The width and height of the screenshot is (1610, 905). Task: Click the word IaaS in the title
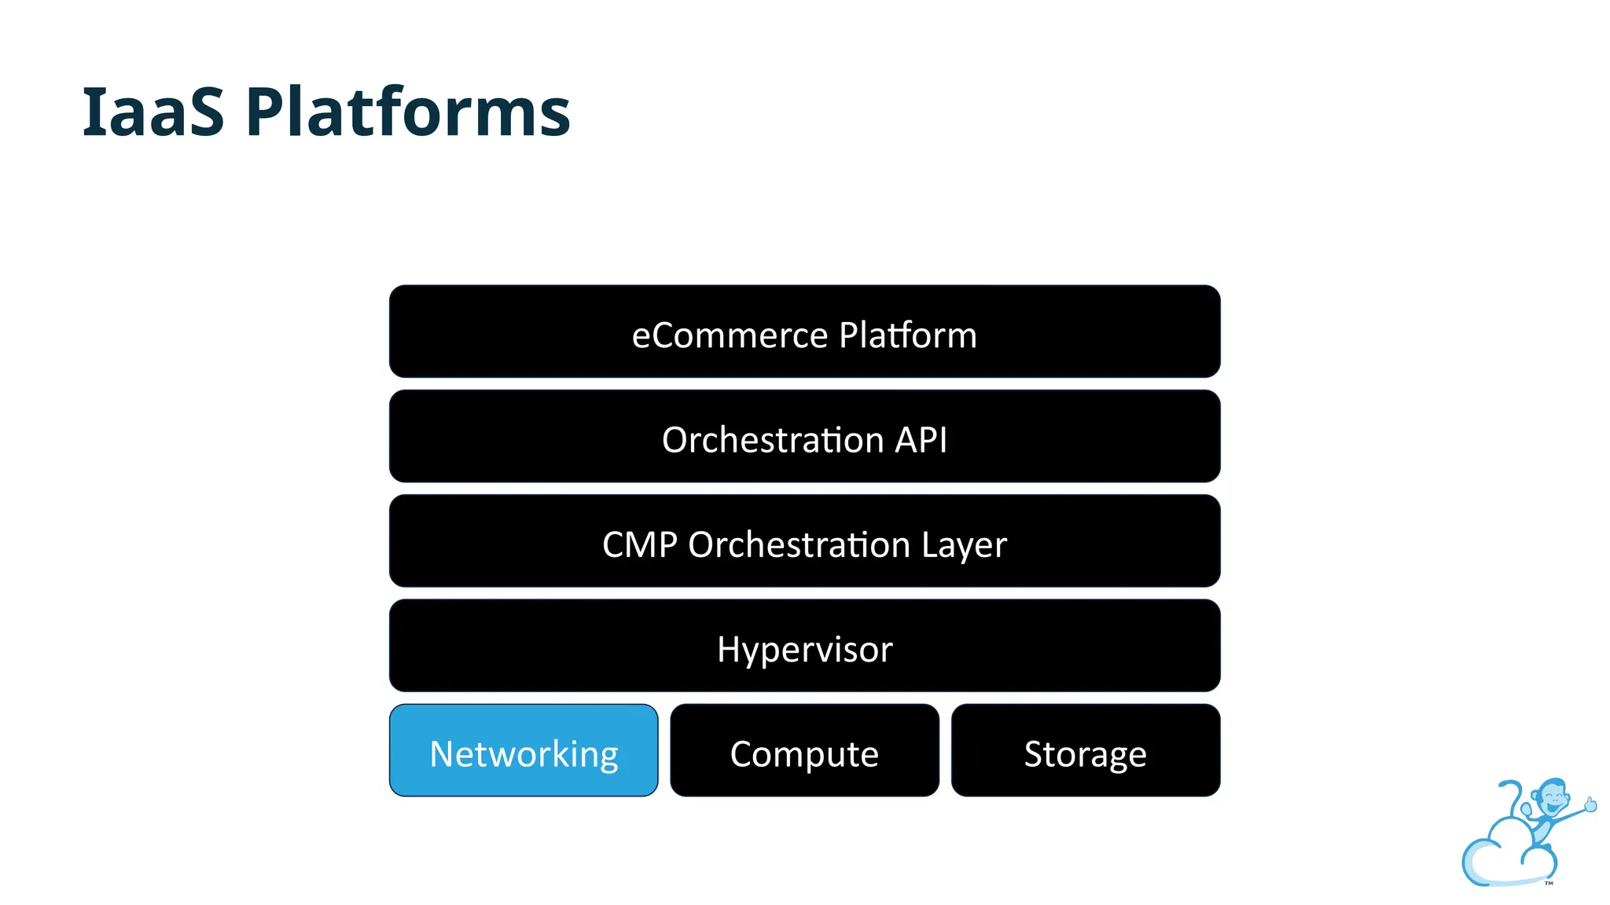153,112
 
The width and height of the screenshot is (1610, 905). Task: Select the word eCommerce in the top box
730,335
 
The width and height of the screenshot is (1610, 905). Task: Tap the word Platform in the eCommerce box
907,335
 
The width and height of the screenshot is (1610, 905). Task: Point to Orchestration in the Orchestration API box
773,440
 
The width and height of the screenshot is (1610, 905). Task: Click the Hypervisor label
804,650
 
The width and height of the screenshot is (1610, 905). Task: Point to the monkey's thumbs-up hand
1590,804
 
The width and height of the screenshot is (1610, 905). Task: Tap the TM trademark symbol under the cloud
1549,883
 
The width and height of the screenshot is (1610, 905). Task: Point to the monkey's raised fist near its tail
1527,808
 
